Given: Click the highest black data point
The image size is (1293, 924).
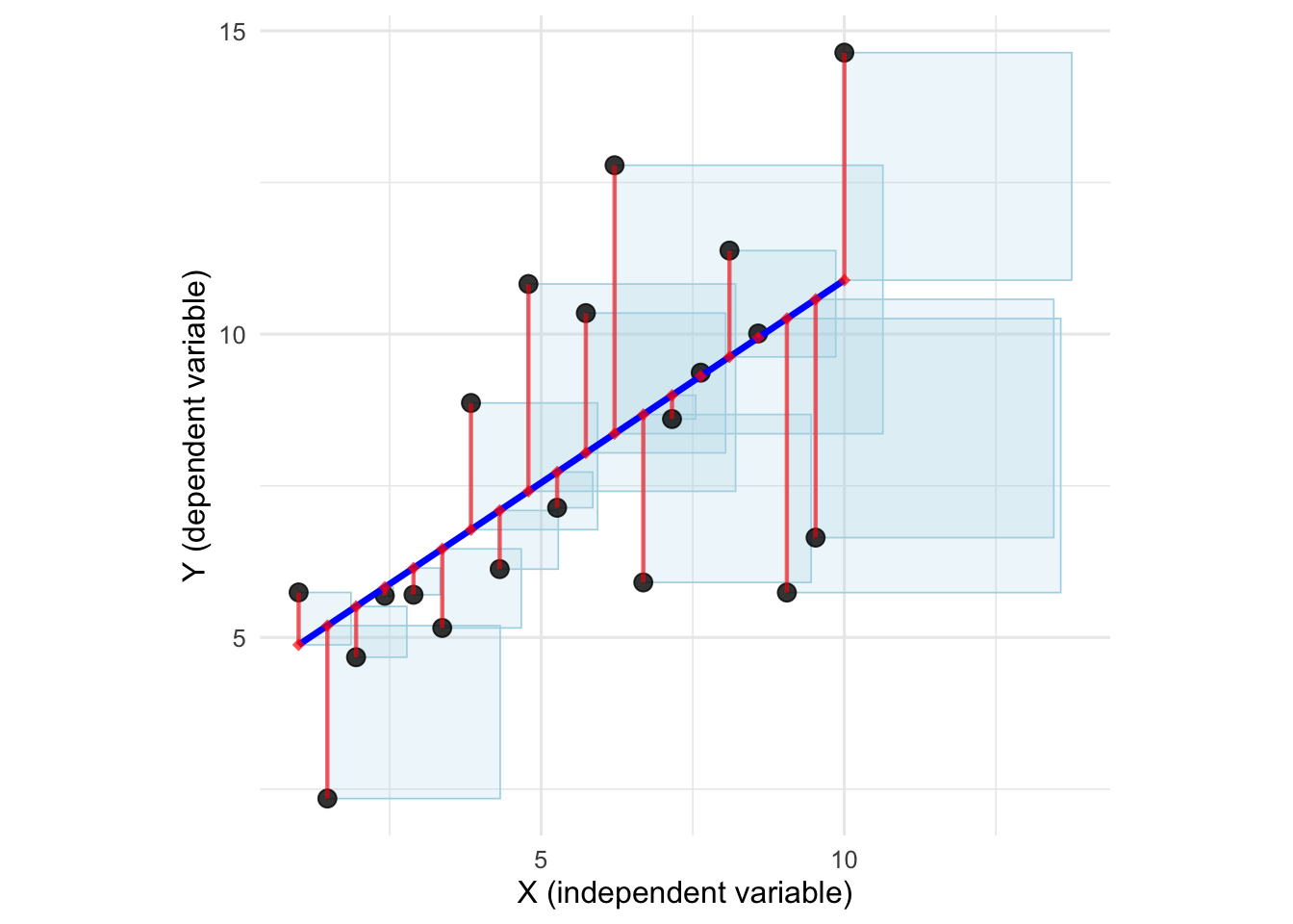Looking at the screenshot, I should click(844, 52).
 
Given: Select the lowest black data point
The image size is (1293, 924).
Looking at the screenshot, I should click(327, 798).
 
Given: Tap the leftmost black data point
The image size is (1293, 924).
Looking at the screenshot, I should click(298, 592).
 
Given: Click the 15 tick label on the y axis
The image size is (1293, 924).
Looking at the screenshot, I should click(232, 32).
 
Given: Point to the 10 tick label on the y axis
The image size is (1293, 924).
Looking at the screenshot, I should click(232, 335).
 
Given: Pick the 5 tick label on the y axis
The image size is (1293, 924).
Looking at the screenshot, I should click(239, 638).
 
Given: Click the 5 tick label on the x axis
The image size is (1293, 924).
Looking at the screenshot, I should click(541, 860).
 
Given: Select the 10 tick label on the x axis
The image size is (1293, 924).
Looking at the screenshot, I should click(844, 860).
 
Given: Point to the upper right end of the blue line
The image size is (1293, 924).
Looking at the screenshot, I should click(844, 280).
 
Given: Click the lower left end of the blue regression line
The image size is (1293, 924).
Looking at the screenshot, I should click(299, 644).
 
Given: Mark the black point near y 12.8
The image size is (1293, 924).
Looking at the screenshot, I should click(614, 166).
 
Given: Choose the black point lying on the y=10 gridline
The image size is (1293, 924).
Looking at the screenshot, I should click(758, 333).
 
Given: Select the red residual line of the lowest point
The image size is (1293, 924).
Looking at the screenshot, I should click(327, 712).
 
